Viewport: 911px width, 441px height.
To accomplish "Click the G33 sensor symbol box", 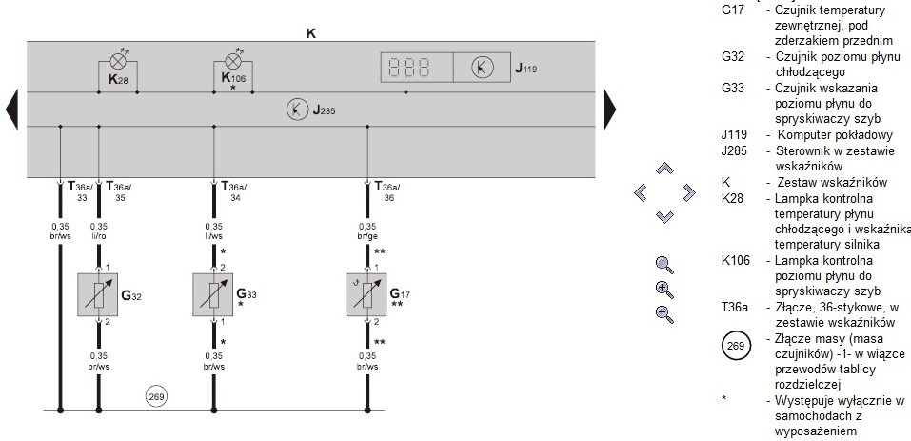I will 212,295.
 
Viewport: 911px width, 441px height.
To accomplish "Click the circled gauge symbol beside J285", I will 297,110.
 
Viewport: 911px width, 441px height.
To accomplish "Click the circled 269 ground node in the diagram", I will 155,394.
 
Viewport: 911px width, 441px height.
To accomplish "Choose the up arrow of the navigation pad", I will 664,169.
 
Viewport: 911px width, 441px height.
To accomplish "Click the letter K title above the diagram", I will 310,33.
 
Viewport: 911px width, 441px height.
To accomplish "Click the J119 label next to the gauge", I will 527,69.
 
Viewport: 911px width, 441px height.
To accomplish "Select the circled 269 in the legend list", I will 736,346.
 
